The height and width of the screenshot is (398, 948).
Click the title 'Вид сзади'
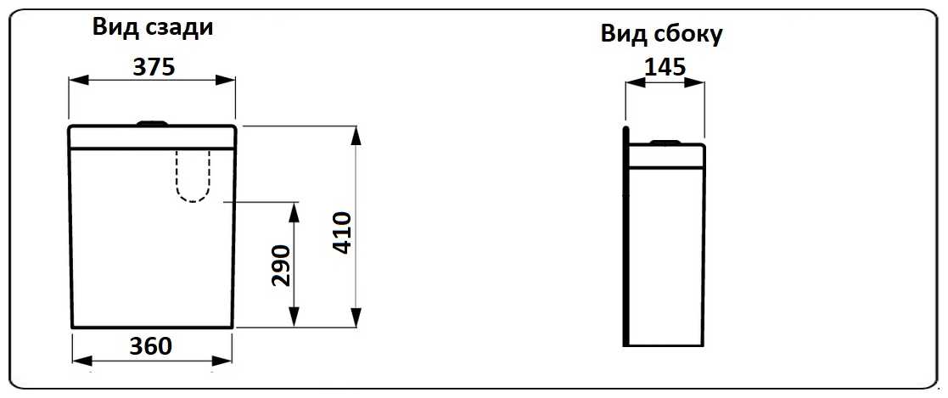click(152, 27)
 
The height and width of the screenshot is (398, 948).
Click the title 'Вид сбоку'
click(661, 33)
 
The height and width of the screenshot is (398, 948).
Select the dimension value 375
click(154, 67)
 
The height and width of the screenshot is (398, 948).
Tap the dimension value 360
click(150, 345)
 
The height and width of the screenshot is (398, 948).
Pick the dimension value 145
click(665, 67)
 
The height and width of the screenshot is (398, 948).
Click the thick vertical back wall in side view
click(625, 238)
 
